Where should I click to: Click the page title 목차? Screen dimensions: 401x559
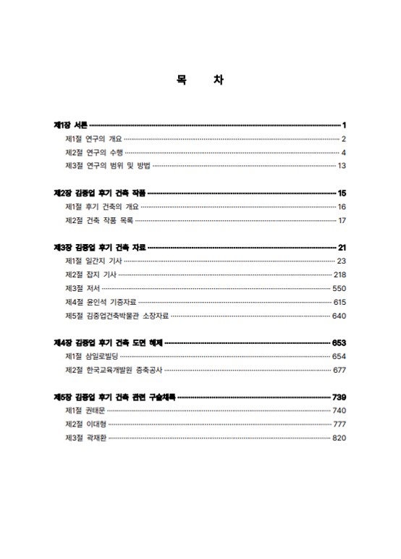pos(199,80)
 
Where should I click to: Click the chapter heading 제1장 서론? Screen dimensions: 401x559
pos(71,125)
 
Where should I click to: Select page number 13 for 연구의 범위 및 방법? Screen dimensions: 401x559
pos(342,166)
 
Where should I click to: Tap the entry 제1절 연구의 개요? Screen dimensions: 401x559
pos(93,139)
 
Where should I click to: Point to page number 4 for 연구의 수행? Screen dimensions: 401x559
pos(344,153)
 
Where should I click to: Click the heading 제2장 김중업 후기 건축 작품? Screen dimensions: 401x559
pos(100,193)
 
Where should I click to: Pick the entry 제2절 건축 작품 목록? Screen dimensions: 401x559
pos(99,220)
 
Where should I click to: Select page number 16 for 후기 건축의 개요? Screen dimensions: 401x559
pos(342,207)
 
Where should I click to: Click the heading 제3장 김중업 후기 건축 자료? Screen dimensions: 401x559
pos(100,248)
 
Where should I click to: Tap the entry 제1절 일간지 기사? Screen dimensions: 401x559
pos(93,261)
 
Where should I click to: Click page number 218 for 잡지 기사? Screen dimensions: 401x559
pos(339,274)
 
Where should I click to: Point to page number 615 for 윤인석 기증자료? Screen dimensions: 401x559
pos(339,302)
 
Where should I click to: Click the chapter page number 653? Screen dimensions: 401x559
pos(339,342)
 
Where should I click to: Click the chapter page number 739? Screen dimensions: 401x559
pos(339,397)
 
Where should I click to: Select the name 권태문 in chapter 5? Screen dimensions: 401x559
pos(96,411)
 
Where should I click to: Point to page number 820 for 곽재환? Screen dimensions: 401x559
pos(339,438)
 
